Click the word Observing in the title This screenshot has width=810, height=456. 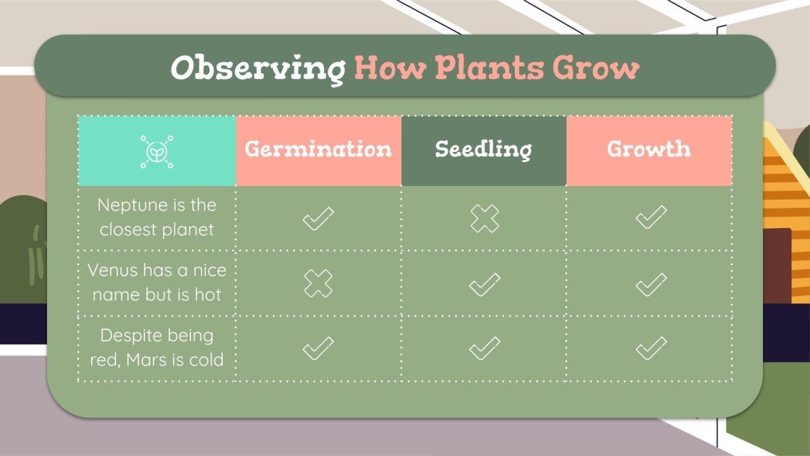click(257, 69)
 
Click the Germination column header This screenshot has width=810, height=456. click(318, 150)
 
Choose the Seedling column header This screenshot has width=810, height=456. click(483, 150)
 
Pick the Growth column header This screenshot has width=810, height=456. click(649, 150)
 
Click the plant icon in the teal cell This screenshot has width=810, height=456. click(157, 151)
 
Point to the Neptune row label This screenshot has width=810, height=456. click(157, 218)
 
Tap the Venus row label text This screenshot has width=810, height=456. click(157, 283)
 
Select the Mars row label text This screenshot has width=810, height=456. click(157, 348)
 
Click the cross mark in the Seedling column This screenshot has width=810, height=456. click(485, 219)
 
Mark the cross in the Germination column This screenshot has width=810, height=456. click(318, 284)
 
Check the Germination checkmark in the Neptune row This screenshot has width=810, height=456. click(318, 219)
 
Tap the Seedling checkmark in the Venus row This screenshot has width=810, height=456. click(485, 284)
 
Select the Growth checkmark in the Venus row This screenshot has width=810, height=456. click(650, 284)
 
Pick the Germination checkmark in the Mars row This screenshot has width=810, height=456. click(318, 349)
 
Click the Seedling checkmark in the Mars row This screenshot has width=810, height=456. click(485, 349)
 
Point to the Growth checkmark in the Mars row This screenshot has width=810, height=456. click(650, 349)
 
